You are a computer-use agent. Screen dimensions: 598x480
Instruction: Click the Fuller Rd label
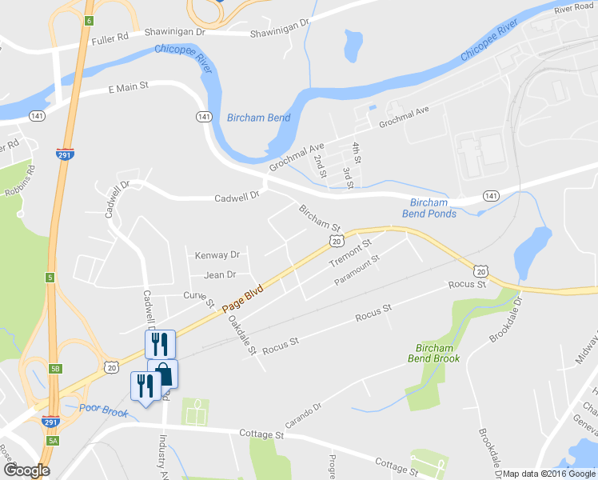pos(110,38)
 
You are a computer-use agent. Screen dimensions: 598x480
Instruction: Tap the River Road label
pos(574,7)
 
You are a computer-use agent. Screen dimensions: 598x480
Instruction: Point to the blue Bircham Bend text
pos(258,118)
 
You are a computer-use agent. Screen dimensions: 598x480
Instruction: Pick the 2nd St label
pos(321,166)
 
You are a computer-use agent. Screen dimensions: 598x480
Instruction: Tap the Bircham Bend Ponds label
pos(433,208)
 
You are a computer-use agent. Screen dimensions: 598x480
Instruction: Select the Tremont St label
pos(351,252)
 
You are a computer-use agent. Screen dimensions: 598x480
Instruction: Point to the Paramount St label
pos(357,269)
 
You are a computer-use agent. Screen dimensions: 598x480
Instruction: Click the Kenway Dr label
pos(217,255)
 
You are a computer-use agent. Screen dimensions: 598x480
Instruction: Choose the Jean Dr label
pos(220,275)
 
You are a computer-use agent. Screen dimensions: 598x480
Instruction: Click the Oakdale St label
pos(241,334)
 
